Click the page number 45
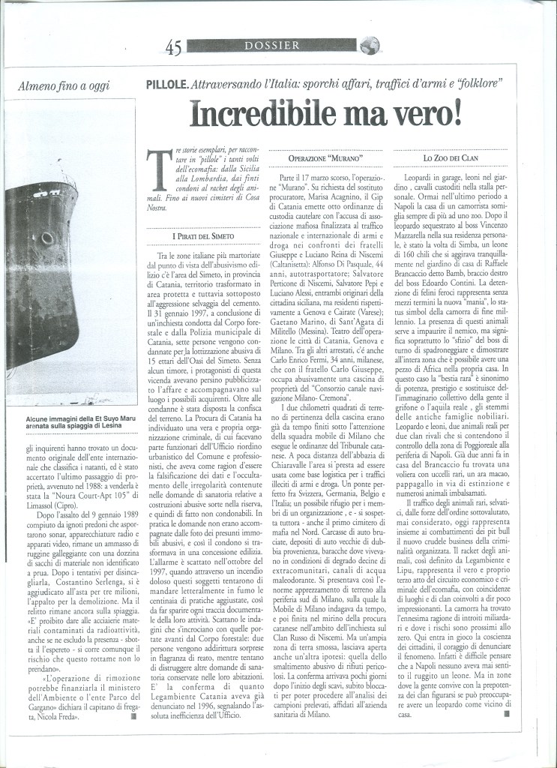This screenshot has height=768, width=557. click(x=174, y=48)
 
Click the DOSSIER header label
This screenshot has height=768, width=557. click(x=271, y=46)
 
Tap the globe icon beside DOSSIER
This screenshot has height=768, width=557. click(x=368, y=46)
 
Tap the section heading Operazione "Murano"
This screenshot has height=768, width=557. click(x=325, y=159)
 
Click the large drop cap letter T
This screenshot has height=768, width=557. click(x=155, y=171)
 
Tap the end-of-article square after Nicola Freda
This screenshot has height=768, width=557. click(x=134, y=694)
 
